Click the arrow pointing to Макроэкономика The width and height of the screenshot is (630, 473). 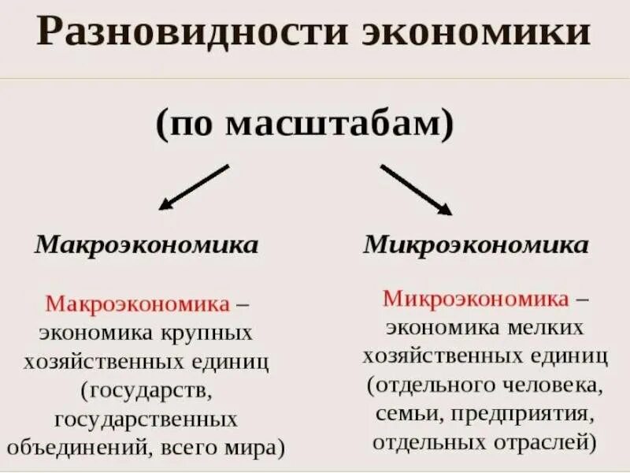pyautogui.click(x=193, y=187)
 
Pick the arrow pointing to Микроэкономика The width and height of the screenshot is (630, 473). pyautogui.click(x=416, y=189)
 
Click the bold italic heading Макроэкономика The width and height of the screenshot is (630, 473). pyautogui.click(x=146, y=244)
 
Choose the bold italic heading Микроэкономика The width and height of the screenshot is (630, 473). pyautogui.click(x=476, y=244)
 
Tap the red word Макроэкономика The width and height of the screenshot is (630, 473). pyautogui.click(x=138, y=304)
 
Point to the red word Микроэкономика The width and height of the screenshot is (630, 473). pyautogui.click(x=476, y=300)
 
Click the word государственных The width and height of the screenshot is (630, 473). pyautogui.click(x=146, y=419)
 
